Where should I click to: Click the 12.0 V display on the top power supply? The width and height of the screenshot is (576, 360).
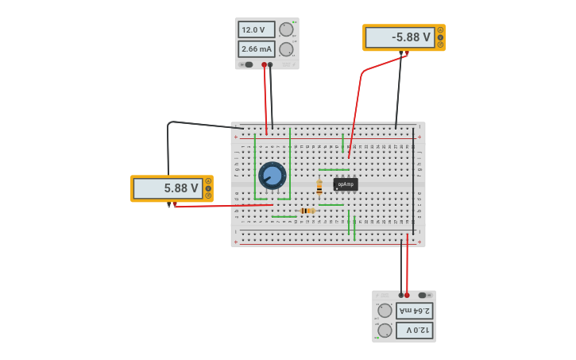pos(256,29)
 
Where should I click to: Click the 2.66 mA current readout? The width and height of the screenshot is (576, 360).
pos(256,49)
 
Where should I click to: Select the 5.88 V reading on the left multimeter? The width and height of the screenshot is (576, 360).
pos(168,188)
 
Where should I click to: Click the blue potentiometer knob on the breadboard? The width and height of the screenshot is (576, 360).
pos(272,176)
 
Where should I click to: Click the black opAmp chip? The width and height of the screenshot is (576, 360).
pos(346,184)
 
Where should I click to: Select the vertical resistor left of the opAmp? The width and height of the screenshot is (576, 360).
pos(319,188)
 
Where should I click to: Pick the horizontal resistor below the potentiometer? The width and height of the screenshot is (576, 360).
pos(307,211)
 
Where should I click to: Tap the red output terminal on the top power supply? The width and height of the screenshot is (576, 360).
pos(265,64)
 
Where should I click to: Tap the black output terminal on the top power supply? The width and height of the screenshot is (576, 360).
pos(270,64)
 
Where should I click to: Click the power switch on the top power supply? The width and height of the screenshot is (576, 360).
pos(249,64)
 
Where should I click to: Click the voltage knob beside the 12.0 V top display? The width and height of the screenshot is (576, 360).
pos(286,29)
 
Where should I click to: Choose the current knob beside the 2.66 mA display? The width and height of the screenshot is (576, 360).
pos(286,49)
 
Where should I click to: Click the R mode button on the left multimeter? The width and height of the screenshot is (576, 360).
pos(208,195)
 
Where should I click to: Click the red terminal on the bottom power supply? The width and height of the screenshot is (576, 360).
pos(407,295)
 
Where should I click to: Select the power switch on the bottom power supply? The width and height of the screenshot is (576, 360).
pos(423,295)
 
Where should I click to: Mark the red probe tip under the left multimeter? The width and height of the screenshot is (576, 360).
pos(174,204)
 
